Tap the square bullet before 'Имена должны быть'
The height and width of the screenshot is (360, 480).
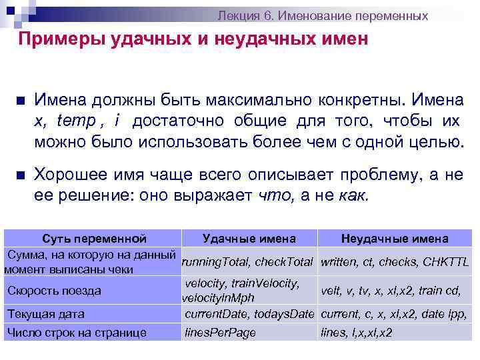tap(20, 102)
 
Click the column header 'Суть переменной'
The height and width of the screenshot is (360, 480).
tap(94, 238)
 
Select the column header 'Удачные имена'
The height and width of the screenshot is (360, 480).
tap(249, 238)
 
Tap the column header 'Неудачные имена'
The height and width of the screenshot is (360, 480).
tap(394, 238)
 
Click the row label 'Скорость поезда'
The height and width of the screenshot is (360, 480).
tap(54, 291)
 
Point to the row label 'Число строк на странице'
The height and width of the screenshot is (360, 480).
tap(76, 333)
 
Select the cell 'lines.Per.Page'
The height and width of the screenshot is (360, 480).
tap(220, 333)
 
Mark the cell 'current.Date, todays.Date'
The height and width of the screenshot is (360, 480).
tap(249, 313)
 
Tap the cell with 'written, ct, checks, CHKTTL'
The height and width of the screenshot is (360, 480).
tap(395, 262)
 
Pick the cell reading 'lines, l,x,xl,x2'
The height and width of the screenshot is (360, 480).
tap(357, 333)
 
